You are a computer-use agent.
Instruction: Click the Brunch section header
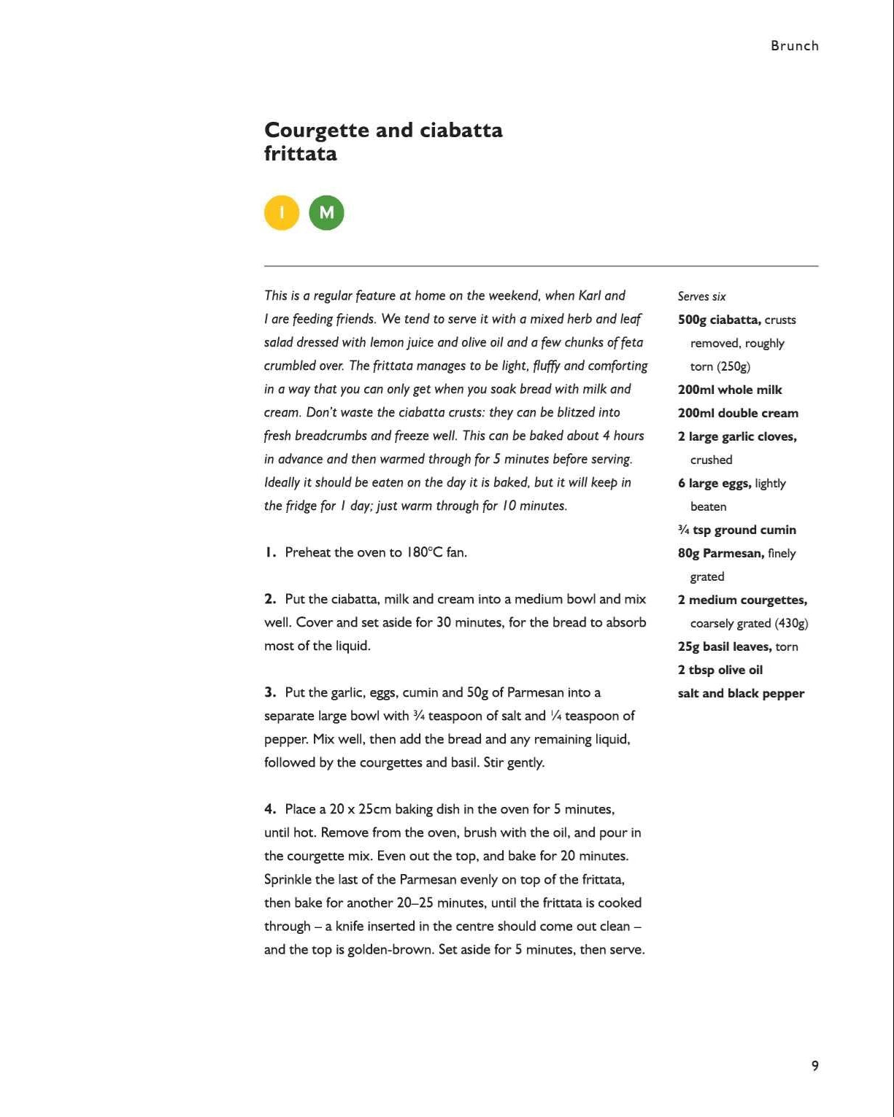[794, 46]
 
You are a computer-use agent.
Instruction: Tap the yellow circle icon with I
[282, 213]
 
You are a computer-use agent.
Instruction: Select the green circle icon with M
[326, 213]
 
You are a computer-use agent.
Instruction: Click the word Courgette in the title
[316, 131]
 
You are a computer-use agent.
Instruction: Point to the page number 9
[814, 1066]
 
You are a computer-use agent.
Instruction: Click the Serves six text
[701, 296]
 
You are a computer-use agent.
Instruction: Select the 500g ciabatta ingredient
[719, 320]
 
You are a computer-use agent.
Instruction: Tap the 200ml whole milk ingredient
[729, 390]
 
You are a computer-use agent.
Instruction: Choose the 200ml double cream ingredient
[738, 413]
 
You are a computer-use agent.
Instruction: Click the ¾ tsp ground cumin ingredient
[736, 530]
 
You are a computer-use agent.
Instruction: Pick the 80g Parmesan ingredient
[720, 553]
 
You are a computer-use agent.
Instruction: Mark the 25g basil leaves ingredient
[724, 646]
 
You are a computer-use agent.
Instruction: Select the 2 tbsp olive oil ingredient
[720, 670]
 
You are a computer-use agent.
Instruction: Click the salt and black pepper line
[741, 693]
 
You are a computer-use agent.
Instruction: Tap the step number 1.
[269, 552]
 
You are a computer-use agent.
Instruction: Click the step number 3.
[270, 692]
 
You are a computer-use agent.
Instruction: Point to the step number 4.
[270, 809]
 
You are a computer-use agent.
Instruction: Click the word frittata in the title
[301, 154]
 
